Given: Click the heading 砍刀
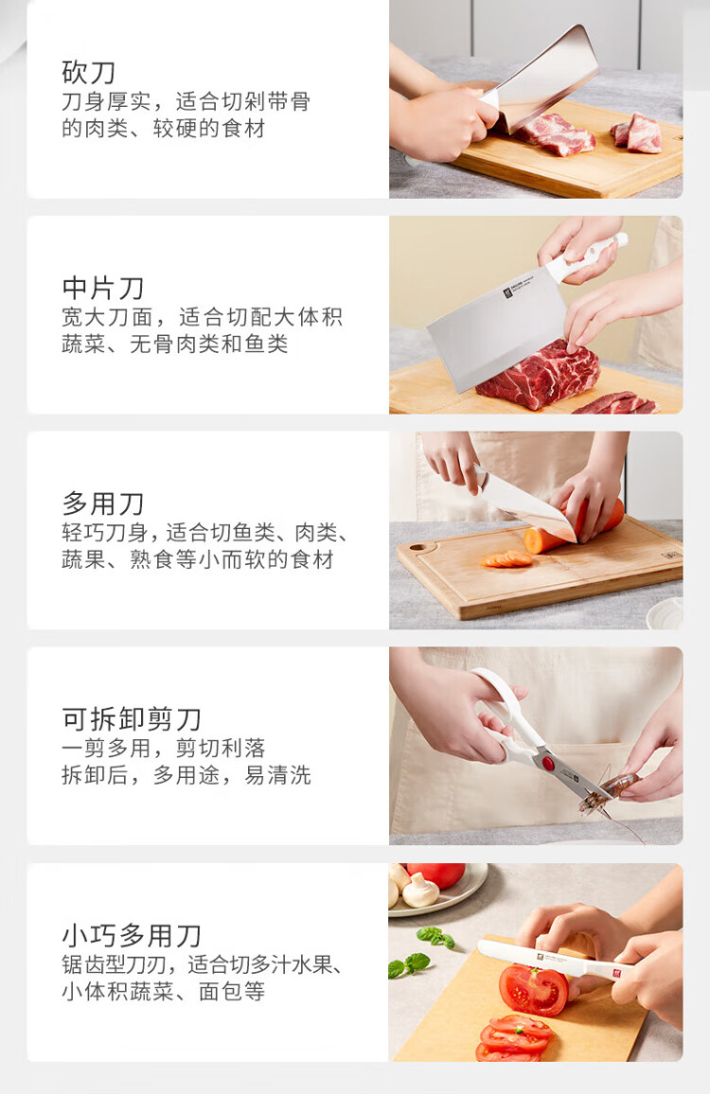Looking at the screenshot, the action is (x=88, y=72).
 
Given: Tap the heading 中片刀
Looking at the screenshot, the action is (x=103, y=288).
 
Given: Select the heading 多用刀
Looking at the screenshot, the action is (x=103, y=503).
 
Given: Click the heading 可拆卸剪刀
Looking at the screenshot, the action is (x=132, y=718).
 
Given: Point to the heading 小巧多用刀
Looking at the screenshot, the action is (x=132, y=935).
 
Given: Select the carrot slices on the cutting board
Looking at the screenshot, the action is (x=506, y=558).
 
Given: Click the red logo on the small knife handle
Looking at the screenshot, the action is (x=616, y=973).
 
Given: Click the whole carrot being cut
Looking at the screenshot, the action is (x=573, y=527).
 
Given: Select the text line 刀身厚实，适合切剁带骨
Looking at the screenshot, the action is (x=186, y=102).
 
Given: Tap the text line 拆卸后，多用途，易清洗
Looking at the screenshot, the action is (x=186, y=775).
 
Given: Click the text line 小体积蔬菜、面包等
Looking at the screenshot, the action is (x=164, y=991).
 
